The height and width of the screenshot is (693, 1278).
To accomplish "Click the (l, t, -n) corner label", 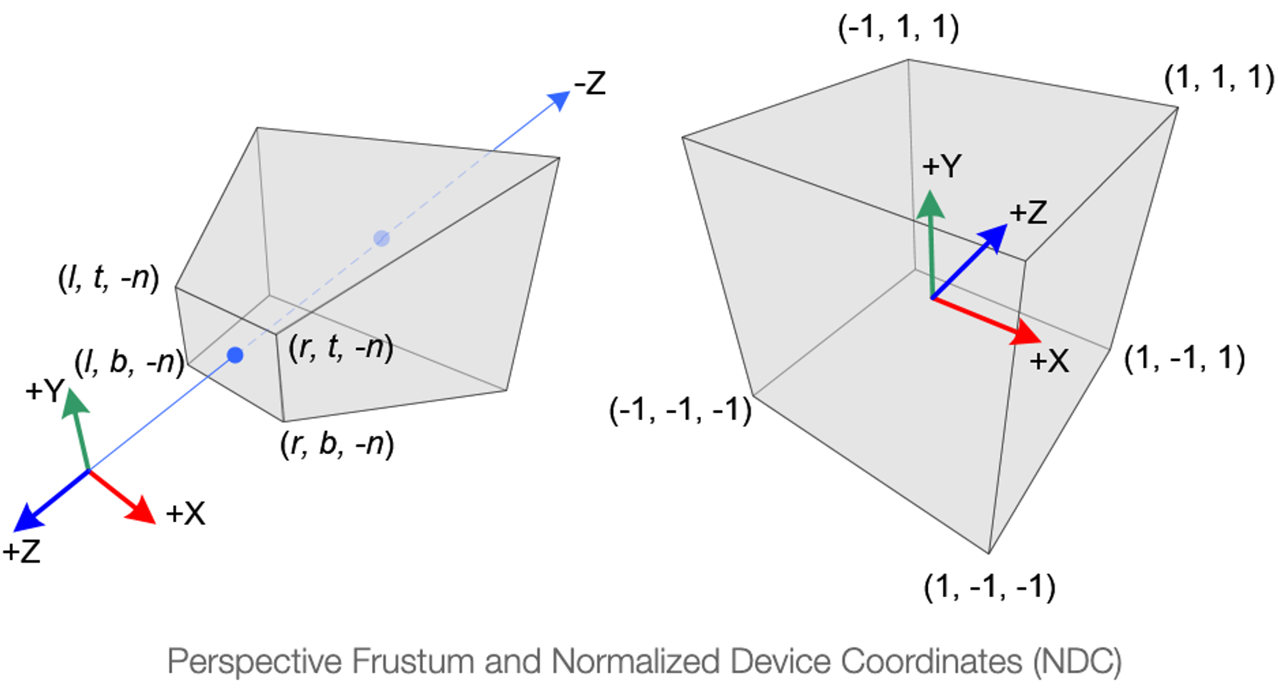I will click(x=109, y=278).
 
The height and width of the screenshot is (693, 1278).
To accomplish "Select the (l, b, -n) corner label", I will click(x=129, y=362).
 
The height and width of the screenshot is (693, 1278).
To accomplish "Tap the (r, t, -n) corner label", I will click(x=341, y=348).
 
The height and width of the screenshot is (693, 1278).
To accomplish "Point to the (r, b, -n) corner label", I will click(x=337, y=444).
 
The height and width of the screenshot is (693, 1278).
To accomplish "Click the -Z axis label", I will click(x=589, y=84).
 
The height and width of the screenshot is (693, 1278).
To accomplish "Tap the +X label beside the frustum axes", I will click(x=185, y=514).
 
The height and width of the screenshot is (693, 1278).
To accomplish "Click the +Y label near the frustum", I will click(x=45, y=390).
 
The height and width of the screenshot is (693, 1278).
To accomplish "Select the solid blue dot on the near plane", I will click(x=235, y=355).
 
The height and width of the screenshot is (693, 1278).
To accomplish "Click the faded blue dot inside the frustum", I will click(x=381, y=238).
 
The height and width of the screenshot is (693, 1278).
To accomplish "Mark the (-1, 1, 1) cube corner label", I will click(x=898, y=27).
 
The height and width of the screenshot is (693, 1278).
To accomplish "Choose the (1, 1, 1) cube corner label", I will click(x=1219, y=78).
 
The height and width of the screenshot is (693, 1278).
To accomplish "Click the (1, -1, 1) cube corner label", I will click(x=1185, y=358).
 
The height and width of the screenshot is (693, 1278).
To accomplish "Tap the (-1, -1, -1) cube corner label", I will click(x=681, y=409).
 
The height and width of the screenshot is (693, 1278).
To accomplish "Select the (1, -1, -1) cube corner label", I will click(x=990, y=586).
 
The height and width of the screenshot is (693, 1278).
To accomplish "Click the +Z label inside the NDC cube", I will click(x=1028, y=213).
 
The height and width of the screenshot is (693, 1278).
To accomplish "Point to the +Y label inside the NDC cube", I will click(x=942, y=167).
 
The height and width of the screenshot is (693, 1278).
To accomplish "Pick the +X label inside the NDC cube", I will click(x=1049, y=362).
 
